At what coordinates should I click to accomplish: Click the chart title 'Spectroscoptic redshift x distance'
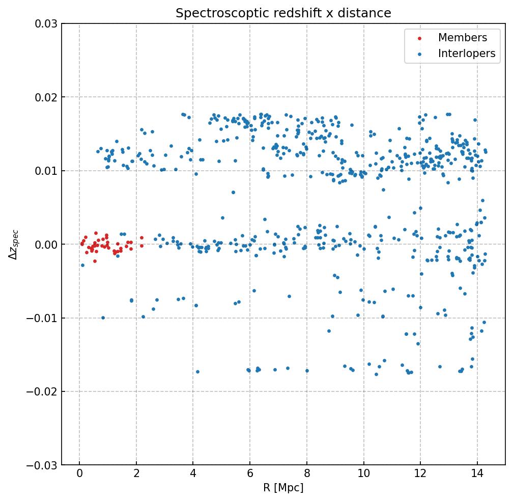[283, 13]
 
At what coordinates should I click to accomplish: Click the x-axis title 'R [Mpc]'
[283, 488]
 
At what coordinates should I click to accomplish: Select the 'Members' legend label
[463, 38]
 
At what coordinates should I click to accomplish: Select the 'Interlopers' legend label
[467, 54]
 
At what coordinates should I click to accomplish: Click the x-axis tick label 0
[79, 474]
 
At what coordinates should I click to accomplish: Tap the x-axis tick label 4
[193, 474]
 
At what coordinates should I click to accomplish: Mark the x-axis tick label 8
[307, 474]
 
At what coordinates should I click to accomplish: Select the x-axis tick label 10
[363, 474]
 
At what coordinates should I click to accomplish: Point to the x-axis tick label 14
[477, 474]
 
